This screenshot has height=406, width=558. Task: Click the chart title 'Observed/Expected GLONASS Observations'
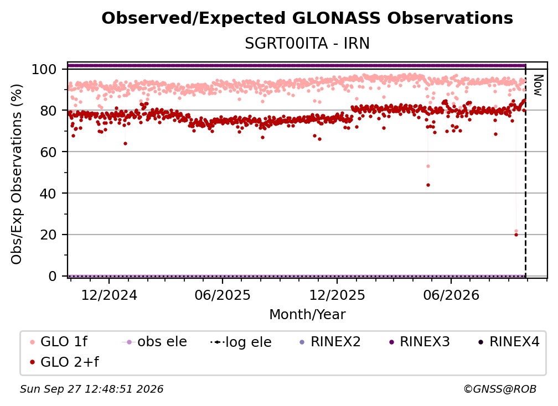307,18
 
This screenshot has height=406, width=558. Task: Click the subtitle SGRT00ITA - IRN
307,44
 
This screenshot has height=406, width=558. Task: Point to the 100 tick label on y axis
44,69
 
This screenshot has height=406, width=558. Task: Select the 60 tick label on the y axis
48,152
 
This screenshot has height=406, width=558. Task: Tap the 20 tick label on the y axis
48,235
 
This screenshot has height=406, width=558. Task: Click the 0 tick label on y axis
53,276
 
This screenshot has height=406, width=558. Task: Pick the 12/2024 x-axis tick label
109,295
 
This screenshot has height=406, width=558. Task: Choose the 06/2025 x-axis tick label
223,295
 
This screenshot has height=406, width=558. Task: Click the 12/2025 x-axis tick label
337,295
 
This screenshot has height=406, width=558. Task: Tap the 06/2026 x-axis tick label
451,295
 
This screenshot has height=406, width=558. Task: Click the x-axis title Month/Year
307,315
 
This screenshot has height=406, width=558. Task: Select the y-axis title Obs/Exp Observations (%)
17,174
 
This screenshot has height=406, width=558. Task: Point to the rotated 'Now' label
538,85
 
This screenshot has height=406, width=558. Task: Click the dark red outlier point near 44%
428,185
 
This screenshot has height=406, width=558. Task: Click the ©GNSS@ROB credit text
500,389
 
